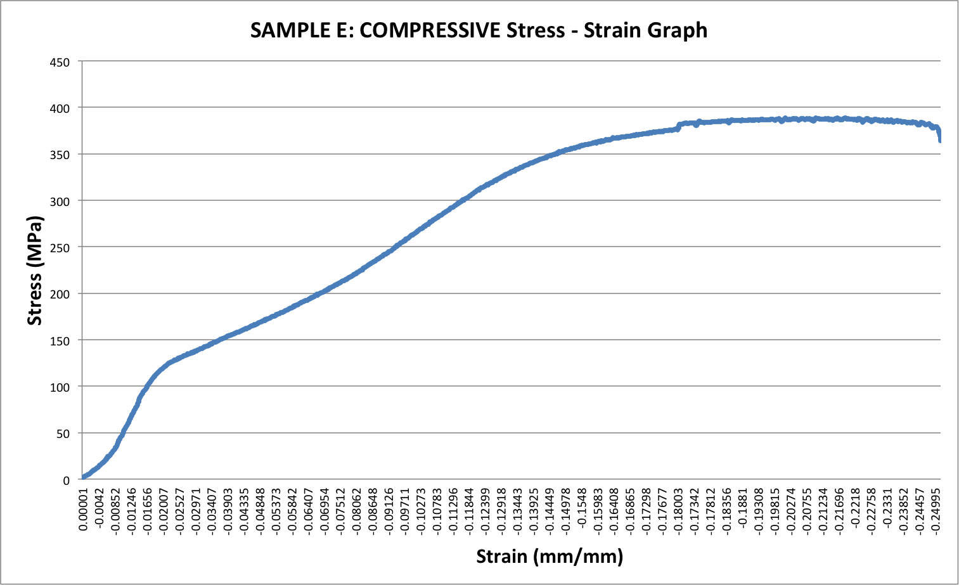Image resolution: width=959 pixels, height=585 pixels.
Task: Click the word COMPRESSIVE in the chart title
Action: tap(430, 30)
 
